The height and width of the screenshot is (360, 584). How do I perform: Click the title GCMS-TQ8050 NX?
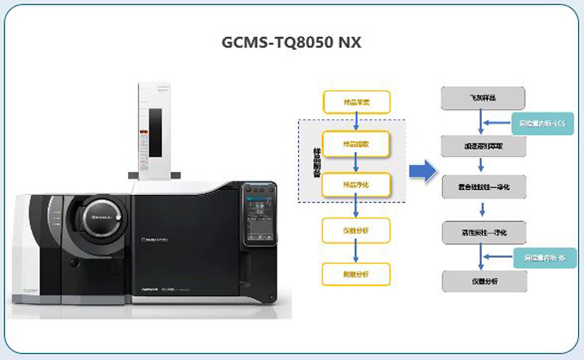pos(292,42)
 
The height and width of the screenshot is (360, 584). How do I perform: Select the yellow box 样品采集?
pos(356,101)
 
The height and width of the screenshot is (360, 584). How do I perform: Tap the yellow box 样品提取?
pos(356,143)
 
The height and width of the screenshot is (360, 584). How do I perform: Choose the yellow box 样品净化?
pos(356,186)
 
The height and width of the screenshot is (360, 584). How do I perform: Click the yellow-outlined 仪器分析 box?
pos(356,230)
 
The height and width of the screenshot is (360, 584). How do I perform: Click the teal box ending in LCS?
pos(542,125)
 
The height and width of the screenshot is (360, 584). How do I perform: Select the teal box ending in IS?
pos(542,257)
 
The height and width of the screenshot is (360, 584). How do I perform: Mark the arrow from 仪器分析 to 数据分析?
pos(356,252)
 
